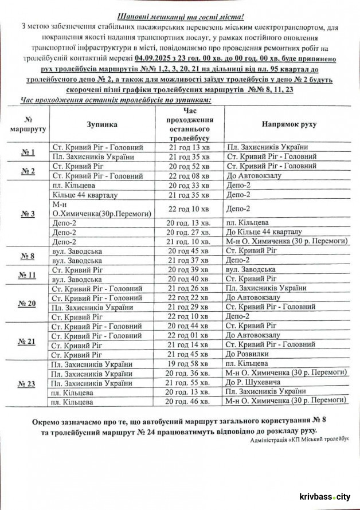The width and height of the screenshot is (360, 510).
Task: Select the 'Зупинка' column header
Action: tap(103, 124)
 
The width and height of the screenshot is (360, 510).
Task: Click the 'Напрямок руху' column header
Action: tap(289, 124)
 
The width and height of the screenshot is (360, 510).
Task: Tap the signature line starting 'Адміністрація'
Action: tap(299, 440)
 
